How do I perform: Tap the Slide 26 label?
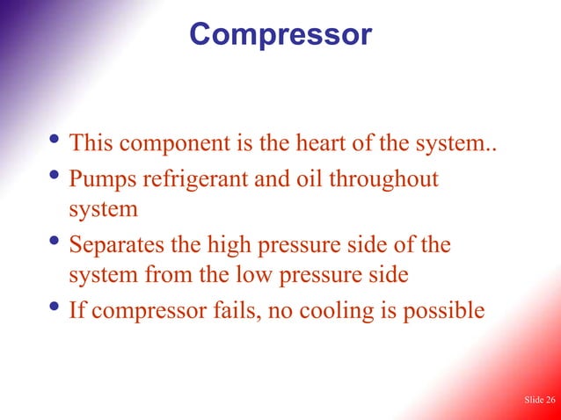tap(539, 401)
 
